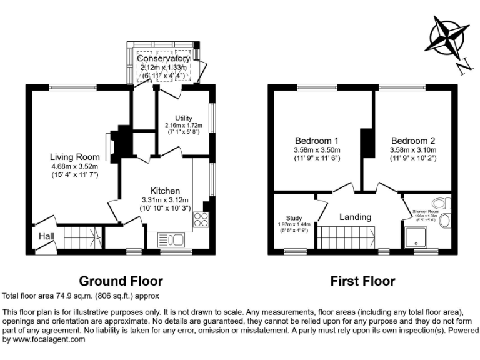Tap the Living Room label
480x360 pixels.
pyautogui.click(x=75, y=156)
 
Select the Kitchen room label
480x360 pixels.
pyautogui.click(x=165, y=191)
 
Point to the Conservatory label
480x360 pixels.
pyautogui.click(x=163, y=58)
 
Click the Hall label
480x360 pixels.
pyautogui.click(x=46, y=237)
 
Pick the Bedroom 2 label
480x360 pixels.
pyautogui.click(x=412, y=140)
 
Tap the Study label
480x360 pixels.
pyautogui.click(x=294, y=217)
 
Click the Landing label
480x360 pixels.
pyautogui.click(x=355, y=217)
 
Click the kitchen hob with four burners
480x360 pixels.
pyautogui.click(x=201, y=219)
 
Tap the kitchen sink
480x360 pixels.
pyautogui.click(x=169, y=239)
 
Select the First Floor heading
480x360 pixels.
pyautogui.click(x=362, y=281)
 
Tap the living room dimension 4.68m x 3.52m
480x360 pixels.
pyautogui.click(x=75, y=166)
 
